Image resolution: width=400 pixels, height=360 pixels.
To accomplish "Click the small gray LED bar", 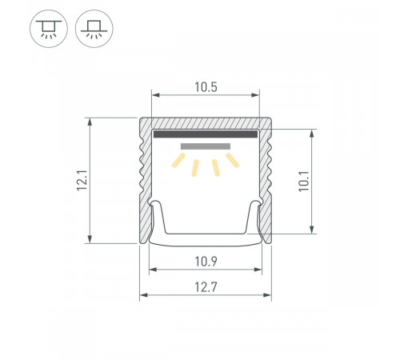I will click(206, 147).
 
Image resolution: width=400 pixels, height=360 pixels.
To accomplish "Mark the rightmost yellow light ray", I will click(232, 161).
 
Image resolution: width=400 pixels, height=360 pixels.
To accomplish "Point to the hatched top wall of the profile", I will click(206, 123).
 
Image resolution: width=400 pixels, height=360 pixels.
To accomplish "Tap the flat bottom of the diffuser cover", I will click(206, 239).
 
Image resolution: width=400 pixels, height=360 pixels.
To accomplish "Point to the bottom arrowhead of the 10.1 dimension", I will click(311, 230).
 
